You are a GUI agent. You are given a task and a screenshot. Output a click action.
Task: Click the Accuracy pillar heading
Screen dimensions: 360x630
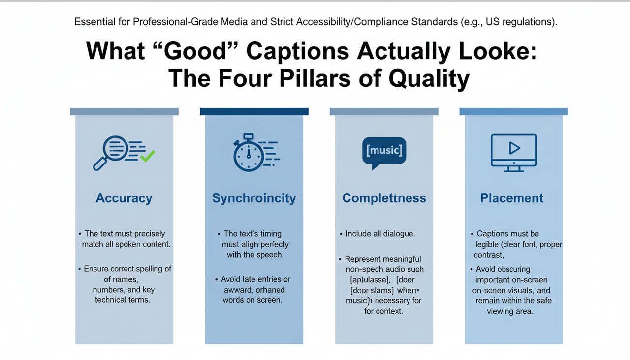(x=124, y=198)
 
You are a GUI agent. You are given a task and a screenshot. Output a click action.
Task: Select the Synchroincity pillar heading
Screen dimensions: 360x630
(x=254, y=198)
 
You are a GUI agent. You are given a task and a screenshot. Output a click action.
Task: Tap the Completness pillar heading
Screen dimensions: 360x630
(x=384, y=198)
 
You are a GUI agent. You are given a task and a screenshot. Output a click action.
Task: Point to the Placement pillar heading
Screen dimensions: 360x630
(x=512, y=198)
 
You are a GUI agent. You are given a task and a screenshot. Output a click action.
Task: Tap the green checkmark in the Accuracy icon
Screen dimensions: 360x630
(x=147, y=157)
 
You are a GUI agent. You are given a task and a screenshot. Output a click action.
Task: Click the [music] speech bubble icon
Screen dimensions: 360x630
(x=384, y=150)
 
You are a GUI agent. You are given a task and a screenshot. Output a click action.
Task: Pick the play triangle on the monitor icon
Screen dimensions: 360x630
(x=514, y=147)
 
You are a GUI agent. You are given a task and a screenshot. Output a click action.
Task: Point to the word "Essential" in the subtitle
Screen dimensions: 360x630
(x=93, y=22)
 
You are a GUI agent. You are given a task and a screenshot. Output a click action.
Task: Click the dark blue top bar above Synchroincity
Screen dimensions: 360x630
(x=254, y=112)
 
